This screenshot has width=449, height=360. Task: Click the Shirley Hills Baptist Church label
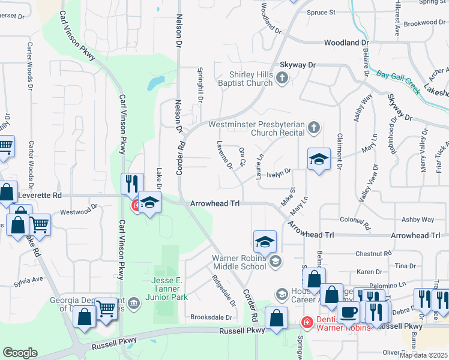click(250, 79)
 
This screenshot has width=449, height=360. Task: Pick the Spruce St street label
click(321, 12)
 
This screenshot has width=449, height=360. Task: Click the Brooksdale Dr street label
click(211, 317)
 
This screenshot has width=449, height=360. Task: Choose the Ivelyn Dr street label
click(280, 171)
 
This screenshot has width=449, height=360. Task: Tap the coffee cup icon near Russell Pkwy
click(349, 312)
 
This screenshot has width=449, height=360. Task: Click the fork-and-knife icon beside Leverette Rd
click(131, 184)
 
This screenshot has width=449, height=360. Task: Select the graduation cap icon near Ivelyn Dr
click(319, 159)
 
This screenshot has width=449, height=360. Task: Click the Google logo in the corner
click(20, 353)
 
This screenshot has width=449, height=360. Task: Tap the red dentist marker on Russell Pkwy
click(307, 323)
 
